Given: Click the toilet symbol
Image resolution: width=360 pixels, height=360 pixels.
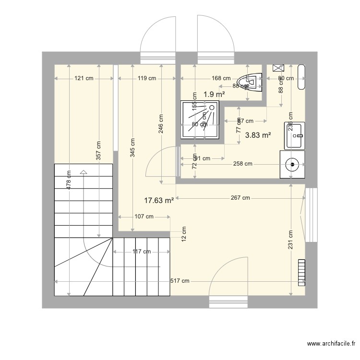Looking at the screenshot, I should coord(251,83).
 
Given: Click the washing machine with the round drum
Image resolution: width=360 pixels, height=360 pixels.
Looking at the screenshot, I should coord(292,164).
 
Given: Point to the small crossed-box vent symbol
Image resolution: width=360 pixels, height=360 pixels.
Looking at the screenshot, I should coord(278,69).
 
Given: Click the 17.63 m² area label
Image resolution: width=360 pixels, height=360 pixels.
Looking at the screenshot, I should coord(159,201).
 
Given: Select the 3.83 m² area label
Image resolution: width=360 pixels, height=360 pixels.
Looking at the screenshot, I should coord(258,135).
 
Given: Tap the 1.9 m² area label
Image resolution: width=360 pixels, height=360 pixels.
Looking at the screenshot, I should coord(214,95).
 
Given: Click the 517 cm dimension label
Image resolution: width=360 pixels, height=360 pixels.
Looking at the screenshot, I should coord(180,281).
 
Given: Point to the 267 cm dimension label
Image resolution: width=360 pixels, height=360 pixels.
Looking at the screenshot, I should coord(240,198).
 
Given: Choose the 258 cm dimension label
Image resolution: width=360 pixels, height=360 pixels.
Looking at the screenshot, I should coord(242,164).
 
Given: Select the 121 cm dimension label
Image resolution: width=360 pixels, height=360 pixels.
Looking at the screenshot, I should coord(84,78).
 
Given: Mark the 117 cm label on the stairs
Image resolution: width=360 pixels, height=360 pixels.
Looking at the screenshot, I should coord(141,252).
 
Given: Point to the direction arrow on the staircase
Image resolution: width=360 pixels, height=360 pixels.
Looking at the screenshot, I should coord(84,171).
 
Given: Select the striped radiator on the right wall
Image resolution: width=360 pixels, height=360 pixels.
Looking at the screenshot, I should coord(301,272).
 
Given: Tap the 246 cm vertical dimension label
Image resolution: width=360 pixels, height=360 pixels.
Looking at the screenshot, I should coord(161,123).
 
